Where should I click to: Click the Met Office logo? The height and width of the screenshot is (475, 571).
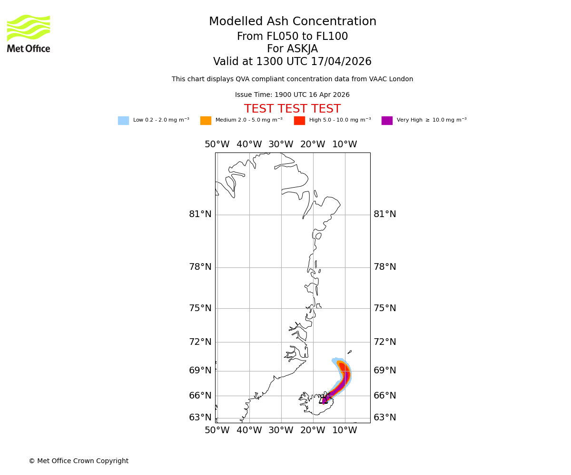pyautogui.click(x=29, y=33)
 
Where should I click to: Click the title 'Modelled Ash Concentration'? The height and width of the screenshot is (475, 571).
pyautogui.click(x=293, y=22)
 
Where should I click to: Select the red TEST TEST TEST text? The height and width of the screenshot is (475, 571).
pyautogui.click(x=292, y=109)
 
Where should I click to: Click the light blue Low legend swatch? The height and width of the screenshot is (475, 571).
pyautogui.click(x=123, y=121)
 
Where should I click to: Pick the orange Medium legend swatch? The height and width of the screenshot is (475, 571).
pyautogui.click(x=206, y=121)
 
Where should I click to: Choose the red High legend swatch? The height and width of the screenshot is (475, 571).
pyautogui.click(x=299, y=121)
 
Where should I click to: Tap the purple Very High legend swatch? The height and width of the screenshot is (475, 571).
pyautogui.click(x=387, y=121)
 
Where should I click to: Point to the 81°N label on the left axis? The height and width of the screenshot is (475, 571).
pyautogui.click(x=200, y=214)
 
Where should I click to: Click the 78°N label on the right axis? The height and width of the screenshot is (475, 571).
pyautogui.click(x=385, y=267)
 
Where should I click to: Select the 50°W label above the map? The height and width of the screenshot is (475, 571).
pyautogui.click(x=217, y=144)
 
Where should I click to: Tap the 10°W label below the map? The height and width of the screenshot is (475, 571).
pyautogui.click(x=345, y=430)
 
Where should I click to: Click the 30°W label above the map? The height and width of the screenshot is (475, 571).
pyautogui.click(x=281, y=144)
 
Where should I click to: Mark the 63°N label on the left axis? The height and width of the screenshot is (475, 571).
pyautogui.click(x=200, y=418)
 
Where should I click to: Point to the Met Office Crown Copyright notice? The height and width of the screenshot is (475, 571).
pyautogui.click(x=79, y=461)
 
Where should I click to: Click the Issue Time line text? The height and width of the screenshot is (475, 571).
pyautogui.click(x=292, y=95)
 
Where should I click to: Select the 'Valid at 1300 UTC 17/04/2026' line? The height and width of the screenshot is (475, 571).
pyautogui.click(x=292, y=62)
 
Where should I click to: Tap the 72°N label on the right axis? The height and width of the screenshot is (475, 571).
pyautogui.click(x=385, y=342)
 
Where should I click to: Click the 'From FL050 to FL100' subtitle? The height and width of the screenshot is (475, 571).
pyautogui.click(x=292, y=37)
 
